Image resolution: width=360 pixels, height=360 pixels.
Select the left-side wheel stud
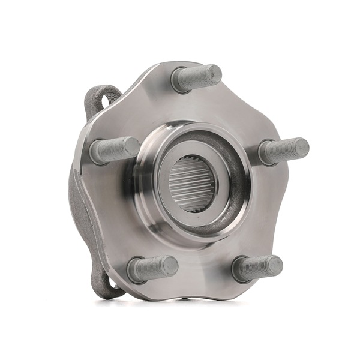(x=114, y=150)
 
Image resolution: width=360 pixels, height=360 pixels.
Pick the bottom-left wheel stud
(x=152, y=269)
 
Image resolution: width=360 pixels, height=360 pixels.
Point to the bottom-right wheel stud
(x=257, y=268)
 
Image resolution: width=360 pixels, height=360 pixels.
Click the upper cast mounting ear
(x=102, y=99)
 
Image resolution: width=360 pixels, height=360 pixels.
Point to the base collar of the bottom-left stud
(x=136, y=272)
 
